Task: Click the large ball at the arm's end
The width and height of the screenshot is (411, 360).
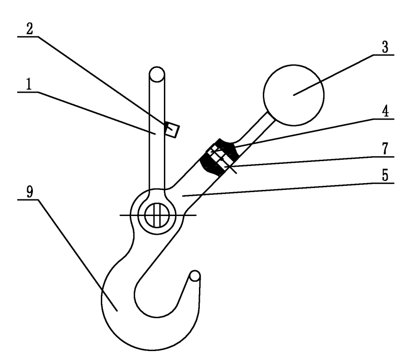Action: [x=294, y=94]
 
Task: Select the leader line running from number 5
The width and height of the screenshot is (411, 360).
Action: [x=288, y=189]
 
